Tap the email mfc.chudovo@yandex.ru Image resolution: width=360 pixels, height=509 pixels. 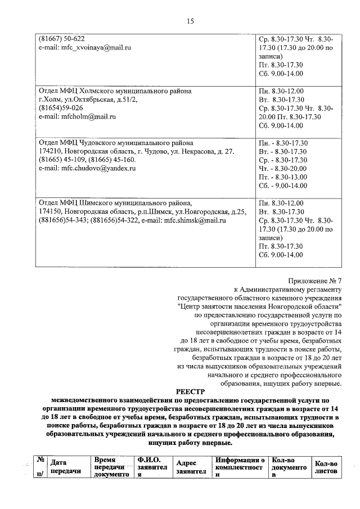pos(90,168)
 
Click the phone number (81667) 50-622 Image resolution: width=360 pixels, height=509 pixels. pos(61,39)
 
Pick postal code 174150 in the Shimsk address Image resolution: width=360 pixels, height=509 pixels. pos(50,212)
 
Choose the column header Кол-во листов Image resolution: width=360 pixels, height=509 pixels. pos(326,467)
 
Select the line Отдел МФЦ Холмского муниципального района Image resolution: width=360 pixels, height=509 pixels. pos(115,91)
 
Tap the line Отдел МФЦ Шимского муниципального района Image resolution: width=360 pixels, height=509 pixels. pos(115,203)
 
